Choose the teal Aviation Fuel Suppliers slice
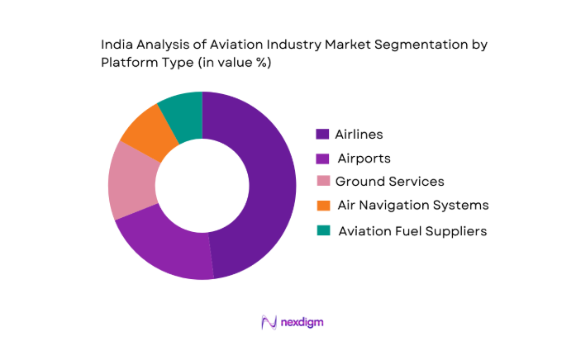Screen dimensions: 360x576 (x=183, y=112)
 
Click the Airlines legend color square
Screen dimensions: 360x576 (x=321, y=134)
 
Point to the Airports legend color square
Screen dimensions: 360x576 (x=321, y=158)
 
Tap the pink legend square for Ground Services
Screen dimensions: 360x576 (x=321, y=182)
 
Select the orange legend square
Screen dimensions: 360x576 (x=321, y=205)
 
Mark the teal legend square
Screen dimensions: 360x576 (x=321, y=230)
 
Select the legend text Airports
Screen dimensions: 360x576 (x=364, y=158)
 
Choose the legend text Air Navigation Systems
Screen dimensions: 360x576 (x=413, y=205)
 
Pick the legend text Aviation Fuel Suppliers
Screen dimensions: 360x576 (x=412, y=231)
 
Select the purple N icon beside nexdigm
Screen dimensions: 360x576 (x=269, y=322)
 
